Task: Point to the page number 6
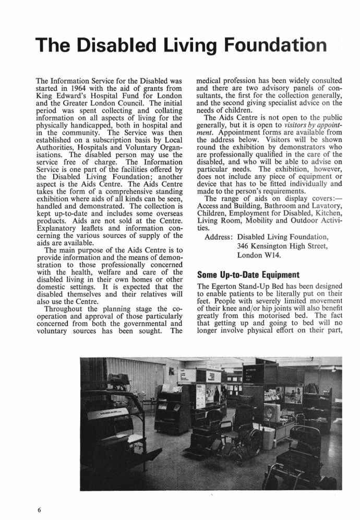[x=39, y=509]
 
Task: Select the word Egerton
[x=225, y=286]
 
